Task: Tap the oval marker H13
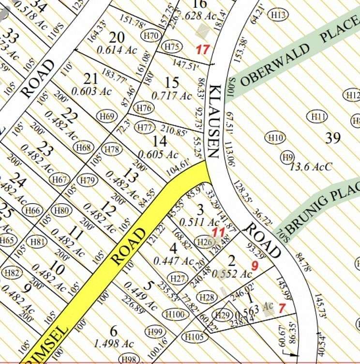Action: click(279, 15)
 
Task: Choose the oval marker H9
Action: click(288, 157)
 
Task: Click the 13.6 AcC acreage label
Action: click(311, 167)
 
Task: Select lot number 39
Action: click(333, 138)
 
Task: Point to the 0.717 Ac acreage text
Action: click(171, 95)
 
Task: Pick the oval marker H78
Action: click(112, 149)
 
